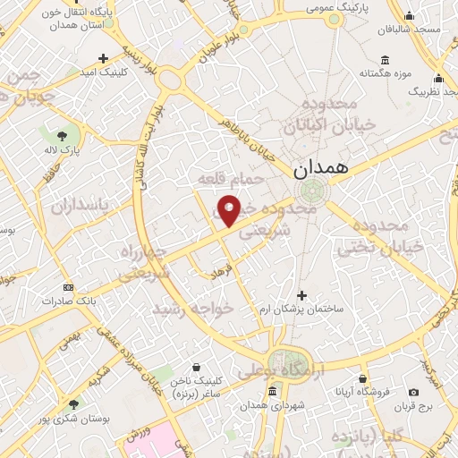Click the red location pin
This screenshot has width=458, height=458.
230,210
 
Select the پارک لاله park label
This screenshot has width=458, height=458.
64,149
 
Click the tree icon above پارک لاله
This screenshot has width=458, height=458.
51,134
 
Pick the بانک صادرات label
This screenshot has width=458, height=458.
67,301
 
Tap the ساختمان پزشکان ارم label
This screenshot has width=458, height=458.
302,309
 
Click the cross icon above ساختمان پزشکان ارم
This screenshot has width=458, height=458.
301,295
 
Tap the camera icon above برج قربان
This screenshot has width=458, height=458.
413,392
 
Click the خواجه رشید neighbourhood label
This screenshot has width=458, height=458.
192,307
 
